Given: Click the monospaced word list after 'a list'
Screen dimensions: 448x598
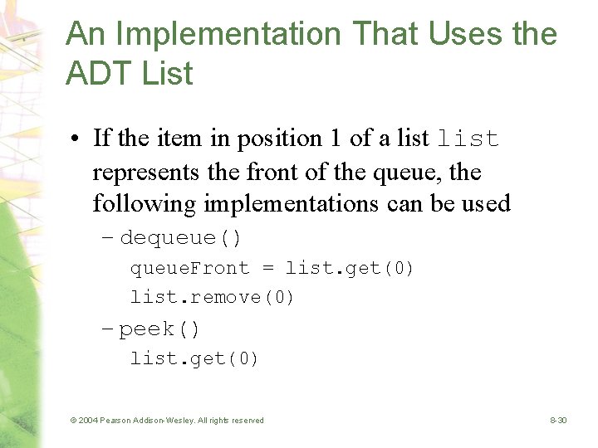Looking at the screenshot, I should tap(468, 139).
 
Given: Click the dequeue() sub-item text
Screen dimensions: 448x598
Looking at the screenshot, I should tap(181, 239).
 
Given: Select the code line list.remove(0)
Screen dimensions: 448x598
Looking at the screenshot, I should tap(212, 297).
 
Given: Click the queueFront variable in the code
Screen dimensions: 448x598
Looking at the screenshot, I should tap(189, 268).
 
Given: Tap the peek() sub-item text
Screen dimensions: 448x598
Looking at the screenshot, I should tap(159, 329).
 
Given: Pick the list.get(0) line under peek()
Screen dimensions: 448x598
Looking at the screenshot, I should tap(194, 358).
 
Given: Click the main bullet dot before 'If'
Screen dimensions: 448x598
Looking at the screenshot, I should tap(75, 139).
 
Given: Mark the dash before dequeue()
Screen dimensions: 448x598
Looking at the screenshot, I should tap(107, 239).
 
